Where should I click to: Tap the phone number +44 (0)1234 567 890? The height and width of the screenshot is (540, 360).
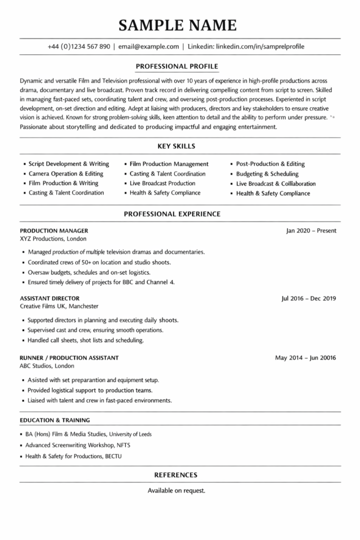pyautogui.click(x=79, y=46)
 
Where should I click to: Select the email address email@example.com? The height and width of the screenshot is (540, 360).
pyautogui.click(x=149, y=46)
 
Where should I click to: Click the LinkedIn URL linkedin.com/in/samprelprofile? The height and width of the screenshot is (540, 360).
pyautogui.click(x=259, y=46)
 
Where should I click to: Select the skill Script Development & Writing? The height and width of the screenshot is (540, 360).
pyautogui.click(x=69, y=164)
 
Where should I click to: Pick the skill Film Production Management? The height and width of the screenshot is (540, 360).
pyautogui.click(x=169, y=164)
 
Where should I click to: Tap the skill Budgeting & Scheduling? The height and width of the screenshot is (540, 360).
pyautogui.click(x=267, y=173)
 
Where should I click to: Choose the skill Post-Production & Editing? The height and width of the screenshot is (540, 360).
pyautogui.click(x=270, y=164)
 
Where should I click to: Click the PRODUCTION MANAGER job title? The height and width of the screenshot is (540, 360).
pyautogui.click(x=54, y=230)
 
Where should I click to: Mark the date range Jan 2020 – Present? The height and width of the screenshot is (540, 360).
pyautogui.click(x=311, y=230)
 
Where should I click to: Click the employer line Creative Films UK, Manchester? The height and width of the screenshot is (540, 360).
pyautogui.click(x=59, y=306)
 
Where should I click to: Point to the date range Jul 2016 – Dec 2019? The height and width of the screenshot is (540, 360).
pyautogui.click(x=309, y=298)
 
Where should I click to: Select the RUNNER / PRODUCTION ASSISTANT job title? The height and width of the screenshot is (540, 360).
pyautogui.click(x=69, y=358)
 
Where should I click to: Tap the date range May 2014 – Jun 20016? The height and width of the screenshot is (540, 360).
pyautogui.click(x=305, y=358)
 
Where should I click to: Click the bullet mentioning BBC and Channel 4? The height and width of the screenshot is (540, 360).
pyautogui.click(x=101, y=282)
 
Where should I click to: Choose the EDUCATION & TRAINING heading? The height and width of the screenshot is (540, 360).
pyautogui.click(x=55, y=420)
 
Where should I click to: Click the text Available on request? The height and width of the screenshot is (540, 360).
pyautogui.click(x=177, y=490)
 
